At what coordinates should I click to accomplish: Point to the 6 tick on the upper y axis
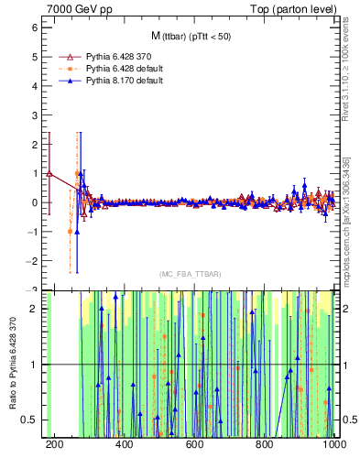[34, 27]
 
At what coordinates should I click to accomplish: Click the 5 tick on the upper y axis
[34, 57]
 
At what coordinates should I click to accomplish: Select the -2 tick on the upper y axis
[31, 261]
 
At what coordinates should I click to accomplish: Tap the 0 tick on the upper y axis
[34, 202]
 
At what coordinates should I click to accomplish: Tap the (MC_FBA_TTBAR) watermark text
[190, 274]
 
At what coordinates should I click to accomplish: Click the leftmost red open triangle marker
[49, 173]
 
